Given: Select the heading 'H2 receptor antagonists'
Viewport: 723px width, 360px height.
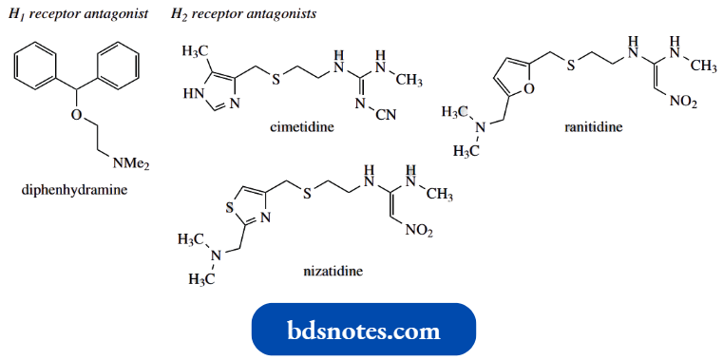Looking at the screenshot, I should (244, 15).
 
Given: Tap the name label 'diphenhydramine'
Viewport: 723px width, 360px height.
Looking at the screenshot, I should (73, 190).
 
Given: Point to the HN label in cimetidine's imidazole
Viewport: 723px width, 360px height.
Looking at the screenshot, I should (191, 94).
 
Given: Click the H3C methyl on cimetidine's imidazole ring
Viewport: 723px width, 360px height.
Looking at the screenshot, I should (194, 49).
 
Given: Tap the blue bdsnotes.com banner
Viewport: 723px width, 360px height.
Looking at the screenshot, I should (363, 331).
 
